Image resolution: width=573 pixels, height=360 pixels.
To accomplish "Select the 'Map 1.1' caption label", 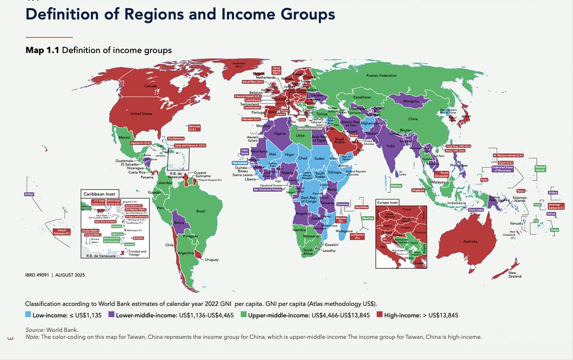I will pos(42,50).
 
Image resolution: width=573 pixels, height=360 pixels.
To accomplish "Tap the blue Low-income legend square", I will pos(28,315).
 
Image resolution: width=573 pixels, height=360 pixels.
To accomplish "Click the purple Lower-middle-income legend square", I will pos(112,315).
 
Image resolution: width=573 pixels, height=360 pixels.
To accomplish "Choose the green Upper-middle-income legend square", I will pos(244,315).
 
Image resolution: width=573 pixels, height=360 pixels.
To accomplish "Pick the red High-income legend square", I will pos(380,315).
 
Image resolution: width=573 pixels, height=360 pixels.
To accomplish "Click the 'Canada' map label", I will pos(151,85).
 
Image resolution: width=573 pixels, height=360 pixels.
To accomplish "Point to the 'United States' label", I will pos(141,114).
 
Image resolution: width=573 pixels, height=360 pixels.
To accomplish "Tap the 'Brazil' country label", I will pos(201,211).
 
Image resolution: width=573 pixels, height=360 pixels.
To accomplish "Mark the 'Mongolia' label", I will pos(411,101).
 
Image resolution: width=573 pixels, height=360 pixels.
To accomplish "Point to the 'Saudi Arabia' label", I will pos(340,140).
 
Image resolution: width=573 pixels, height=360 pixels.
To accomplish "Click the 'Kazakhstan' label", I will pos(362,97).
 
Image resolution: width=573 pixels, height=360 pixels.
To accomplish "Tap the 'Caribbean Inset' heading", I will pos(99,195).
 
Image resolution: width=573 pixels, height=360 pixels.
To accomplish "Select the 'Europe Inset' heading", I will pos(388,202).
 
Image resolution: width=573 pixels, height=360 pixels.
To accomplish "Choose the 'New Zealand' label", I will pos(515,274).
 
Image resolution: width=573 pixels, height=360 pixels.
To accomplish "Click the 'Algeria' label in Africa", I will pos(280,134).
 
